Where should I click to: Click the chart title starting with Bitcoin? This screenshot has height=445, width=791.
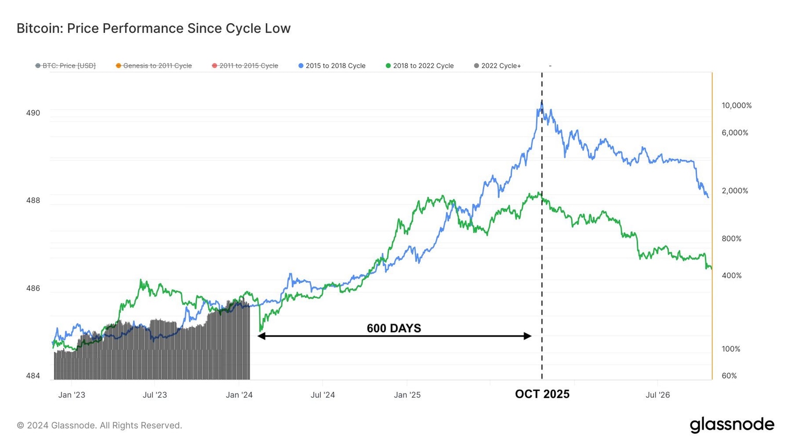click(153, 28)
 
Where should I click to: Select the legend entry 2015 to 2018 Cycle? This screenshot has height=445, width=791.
click(335, 66)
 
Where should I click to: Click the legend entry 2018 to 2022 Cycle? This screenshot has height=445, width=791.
click(423, 66)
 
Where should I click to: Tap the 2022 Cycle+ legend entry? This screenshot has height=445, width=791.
click(501, 66)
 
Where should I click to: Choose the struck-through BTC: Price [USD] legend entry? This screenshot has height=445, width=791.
click(68, 66)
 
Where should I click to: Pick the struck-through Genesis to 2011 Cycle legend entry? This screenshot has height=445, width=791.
click(157, 66)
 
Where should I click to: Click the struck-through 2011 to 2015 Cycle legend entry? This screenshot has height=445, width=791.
click(248, 66)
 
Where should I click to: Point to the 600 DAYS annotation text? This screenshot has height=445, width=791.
click(394, 328)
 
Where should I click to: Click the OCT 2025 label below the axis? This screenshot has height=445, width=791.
click(542, 394)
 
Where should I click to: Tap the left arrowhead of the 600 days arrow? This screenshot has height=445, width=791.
click(261, 336)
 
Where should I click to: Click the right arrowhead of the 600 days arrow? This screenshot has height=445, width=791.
click(527, 336)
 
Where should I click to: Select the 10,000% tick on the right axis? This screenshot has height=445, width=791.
click(736, 106)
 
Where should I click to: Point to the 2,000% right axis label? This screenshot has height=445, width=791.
click(735, 191)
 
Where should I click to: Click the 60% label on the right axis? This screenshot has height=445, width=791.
click(729, 376)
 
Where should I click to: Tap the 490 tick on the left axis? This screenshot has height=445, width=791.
click(33, 113)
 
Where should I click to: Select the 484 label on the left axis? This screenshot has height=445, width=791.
click(33, 376)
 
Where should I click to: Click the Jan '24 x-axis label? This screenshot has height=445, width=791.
click(239, 395)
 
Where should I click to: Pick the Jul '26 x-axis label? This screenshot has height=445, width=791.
click(658, 395)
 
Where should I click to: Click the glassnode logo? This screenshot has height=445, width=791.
click(732, 425)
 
